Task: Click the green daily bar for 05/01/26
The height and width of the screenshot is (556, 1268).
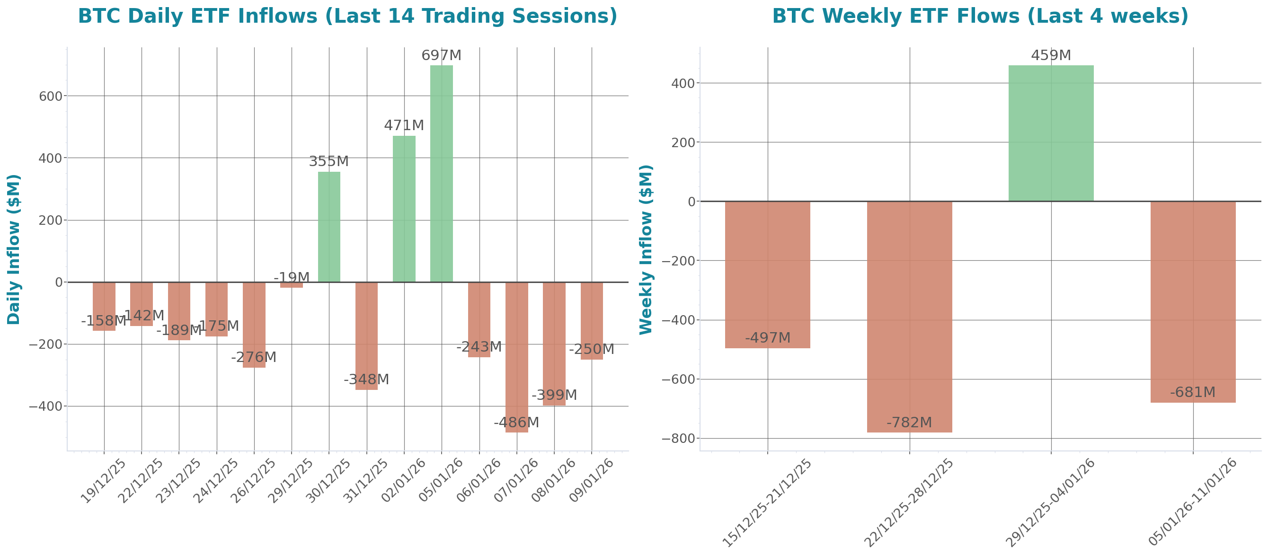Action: coord(441,173)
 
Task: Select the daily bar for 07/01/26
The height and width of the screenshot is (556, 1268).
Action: coord(516,357)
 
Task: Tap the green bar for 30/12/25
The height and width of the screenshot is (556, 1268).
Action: coord(329,226)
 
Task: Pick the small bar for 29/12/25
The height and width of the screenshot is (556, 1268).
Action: coord(292,285)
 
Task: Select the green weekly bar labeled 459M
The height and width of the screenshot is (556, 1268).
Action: coord(1051,133)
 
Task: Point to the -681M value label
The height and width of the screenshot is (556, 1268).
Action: coord(1192,392)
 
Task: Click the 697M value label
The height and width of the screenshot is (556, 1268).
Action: coord(441,56)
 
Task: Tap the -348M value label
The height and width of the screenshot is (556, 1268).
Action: coord(366,379)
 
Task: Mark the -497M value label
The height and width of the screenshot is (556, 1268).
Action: coord(767,338)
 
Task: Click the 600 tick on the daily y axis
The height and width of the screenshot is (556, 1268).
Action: coord(51,97)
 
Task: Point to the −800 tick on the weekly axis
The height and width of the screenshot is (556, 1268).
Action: coord(678,438)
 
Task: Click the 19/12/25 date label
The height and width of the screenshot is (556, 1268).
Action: coord(103,481)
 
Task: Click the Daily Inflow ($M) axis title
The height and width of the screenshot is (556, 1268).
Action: coord(14,249)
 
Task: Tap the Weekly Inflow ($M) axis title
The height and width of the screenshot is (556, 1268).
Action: coord(645,249)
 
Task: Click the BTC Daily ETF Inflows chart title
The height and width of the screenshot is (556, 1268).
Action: coord(347,16)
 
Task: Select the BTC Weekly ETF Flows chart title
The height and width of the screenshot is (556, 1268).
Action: coord(980,16)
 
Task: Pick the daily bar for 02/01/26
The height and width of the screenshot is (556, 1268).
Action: coord(404,209)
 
